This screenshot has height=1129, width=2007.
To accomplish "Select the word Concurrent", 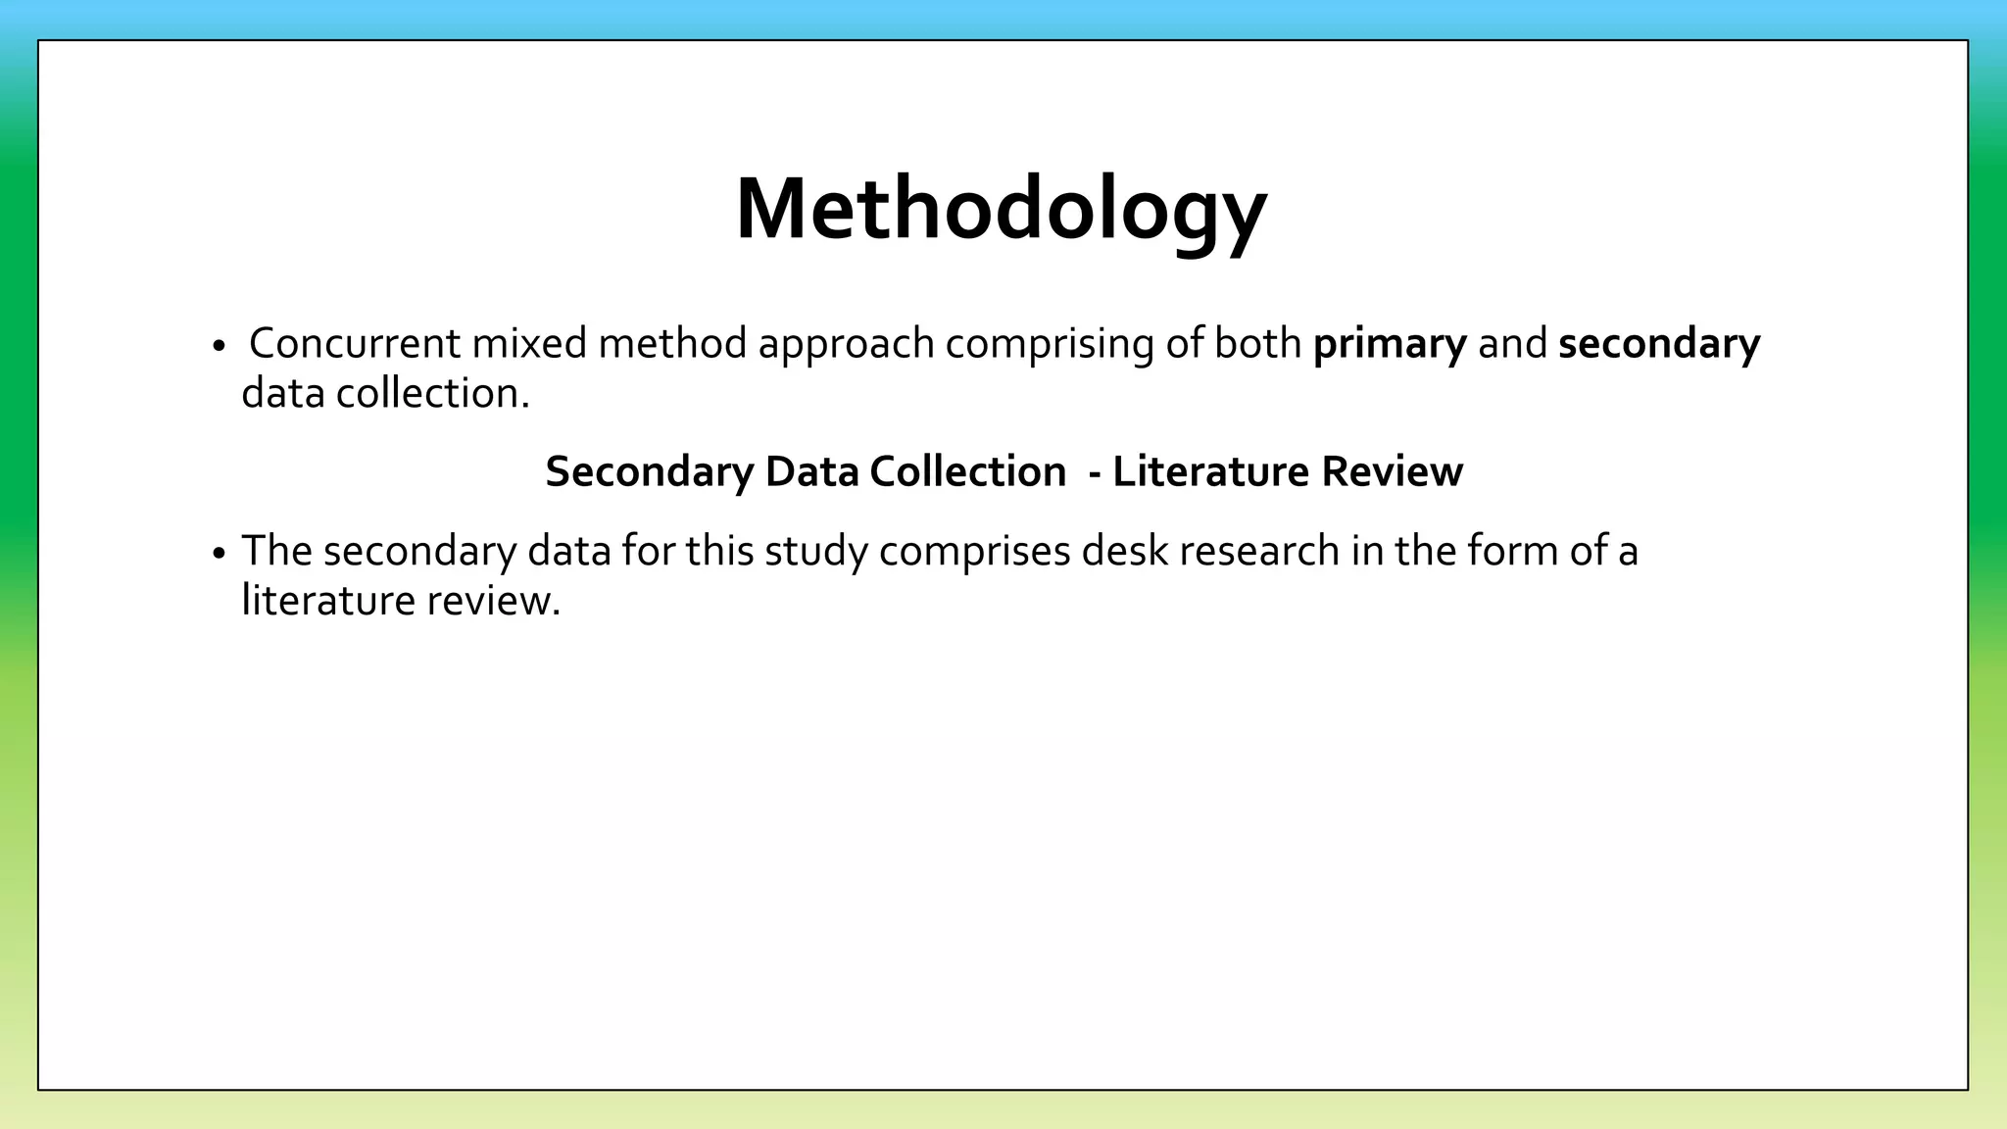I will [x=355, y=344].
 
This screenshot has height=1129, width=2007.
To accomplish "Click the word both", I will [x=1257, y=344].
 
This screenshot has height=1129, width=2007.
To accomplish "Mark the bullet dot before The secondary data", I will [x=219, y=555].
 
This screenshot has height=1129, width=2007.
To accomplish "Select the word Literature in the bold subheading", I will [x=1210, y=472].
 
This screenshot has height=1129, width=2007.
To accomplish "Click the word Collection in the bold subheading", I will [x=967, y=472].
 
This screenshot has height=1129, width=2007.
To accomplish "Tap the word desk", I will [x=1124, y=551].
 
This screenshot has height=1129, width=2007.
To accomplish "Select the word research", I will [x=1259, y=551].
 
